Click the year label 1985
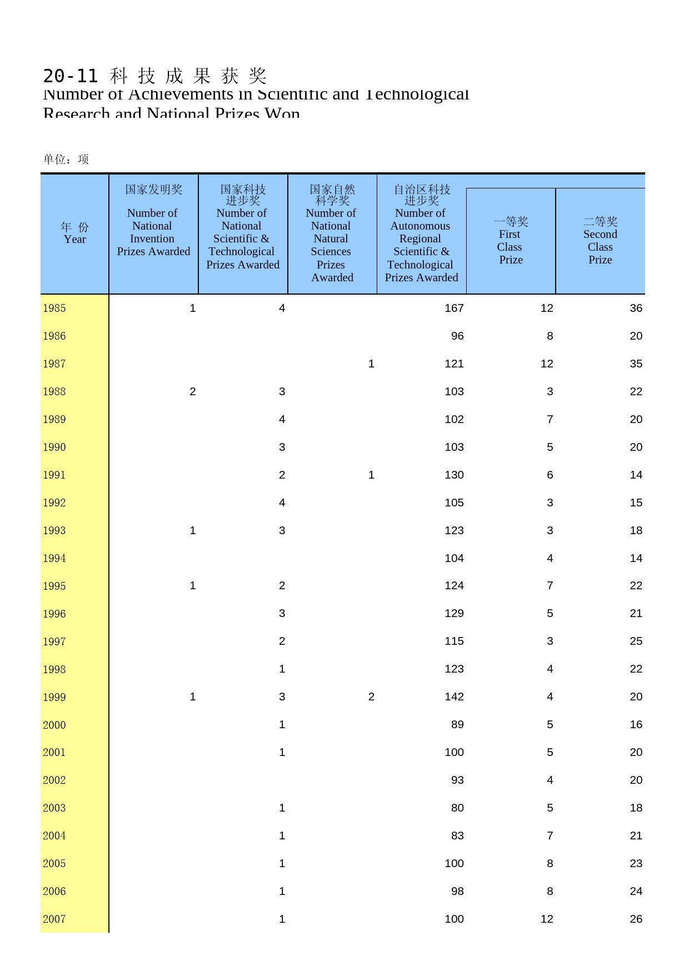pyautogui.click(x=54, y=309)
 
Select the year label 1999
pyautogui.click(x=54, y=697)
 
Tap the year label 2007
pyautogui.click(x=54, y=919)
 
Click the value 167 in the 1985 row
pyautogui.click(x=454, y=309)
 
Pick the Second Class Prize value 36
pyautogui.click(x=636, y=309)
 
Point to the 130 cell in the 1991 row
pyautogui.click(x=454, y=475)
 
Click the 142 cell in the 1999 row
pyautogui.click(x=454, y=697)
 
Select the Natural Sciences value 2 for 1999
pyautogui.click(x=371, y=697)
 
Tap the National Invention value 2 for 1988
pyautogui.click(x=193, y=392)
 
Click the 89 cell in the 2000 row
pyautogui.click(x=457, y=725)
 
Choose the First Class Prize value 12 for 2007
pyautogui.click(x=547, y=919)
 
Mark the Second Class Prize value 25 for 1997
pyautogui.click(x=636, y=641)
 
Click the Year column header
pyautogui.click(x=75, y=233)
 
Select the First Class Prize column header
pyautogui.click(x=511, y=241)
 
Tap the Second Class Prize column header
pyautogui.click(x=600, y=241)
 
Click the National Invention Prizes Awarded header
pyautogui.click(x=153, y=221)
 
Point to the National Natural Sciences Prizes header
pyautogui.click(x=332, y=233)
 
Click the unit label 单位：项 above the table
pyautogui.click(x=66, y=160)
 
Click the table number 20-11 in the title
pyautogui.click(x=70, y=76)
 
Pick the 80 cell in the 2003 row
pyautogui.click(x=457, y=808)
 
